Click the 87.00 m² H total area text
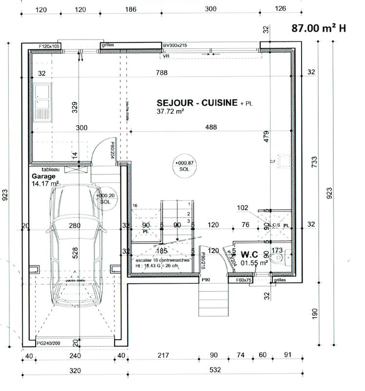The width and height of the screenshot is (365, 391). pyautogui.click(x=319, y=28)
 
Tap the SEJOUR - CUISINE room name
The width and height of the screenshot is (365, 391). pyautogui.click(x=197, y=103)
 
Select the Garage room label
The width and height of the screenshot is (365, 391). pyautogui.click(x=44, y=176)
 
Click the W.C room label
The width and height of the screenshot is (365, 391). pyautogui.click(x=248, y=255)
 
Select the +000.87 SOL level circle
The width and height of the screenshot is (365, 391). pyautogui.click(x=183, y=165)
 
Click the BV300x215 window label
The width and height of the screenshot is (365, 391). pyautogui.click(x=175, y=45)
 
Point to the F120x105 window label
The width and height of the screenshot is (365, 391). pyautogui.click(x=49, y=46)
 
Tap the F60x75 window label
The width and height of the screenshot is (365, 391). pyautogui.click(x=243, y=281)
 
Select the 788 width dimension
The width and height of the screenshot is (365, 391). pyautogui.click(x=162, y=73)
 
